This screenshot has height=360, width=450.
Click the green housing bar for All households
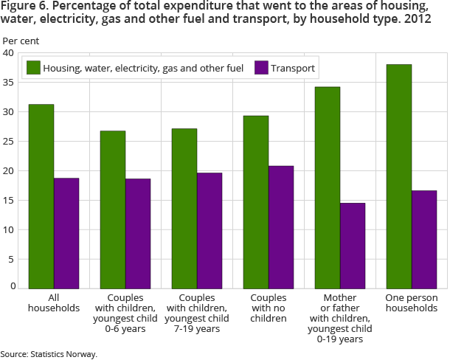point(41,196)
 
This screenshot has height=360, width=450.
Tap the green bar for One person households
point(399,176)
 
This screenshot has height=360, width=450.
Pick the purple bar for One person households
point(424,239)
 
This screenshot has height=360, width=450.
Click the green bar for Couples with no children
point(256,202)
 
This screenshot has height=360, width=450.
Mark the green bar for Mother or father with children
point(328,187)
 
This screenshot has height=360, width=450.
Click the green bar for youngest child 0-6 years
point(113,210)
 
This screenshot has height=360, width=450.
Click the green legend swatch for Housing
point(32,68)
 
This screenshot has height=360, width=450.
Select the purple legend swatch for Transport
point(261,68)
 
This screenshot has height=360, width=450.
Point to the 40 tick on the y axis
point(8,53)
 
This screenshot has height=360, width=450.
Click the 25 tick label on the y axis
point(8,142)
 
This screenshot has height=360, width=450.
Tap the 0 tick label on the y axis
point(12,285)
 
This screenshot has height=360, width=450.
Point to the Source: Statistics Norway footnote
point(49,354)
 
